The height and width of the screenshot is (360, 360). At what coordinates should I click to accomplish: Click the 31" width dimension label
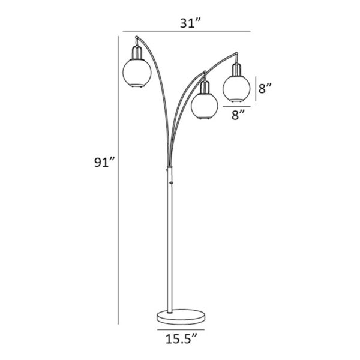click(x=190, y=23)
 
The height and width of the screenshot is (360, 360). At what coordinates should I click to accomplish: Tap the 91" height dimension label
click(x=104, y=162)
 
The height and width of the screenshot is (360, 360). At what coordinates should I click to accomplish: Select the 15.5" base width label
click(x=181, y=339)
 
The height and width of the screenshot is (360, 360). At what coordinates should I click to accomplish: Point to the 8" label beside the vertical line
click(x=265, y=88)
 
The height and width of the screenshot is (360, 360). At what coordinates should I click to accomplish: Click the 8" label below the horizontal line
click(x=238, y=115)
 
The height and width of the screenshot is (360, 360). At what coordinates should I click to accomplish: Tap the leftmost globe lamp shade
click(x=137, y=73)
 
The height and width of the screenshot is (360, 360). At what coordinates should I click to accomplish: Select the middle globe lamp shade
click(x=205, y=106)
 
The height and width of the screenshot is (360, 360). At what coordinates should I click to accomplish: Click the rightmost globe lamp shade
click(x=236, y=89)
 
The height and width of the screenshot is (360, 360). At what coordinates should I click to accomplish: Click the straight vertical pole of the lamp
click(x=170, y=239)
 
